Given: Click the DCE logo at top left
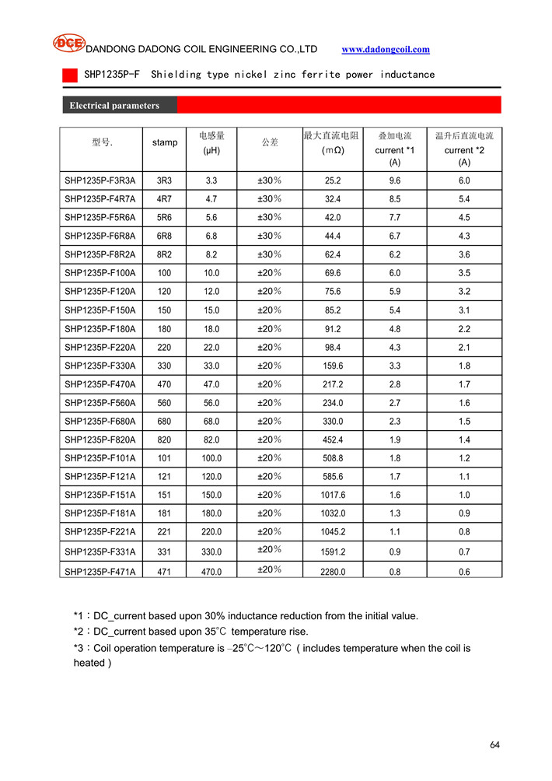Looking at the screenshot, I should (x=68, y=44).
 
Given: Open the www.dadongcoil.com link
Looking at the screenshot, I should (x=386, y=49).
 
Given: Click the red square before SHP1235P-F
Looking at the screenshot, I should (x=70, y=75).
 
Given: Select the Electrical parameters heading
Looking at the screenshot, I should (x=114, y=105).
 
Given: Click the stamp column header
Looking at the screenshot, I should (x=165, y=142).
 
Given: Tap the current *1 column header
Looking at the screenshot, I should (x=395, y=149).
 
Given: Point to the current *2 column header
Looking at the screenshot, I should (x=464, y=149).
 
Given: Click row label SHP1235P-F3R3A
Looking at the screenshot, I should (x=100, y=180).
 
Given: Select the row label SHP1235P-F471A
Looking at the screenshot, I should (x=100, y=572).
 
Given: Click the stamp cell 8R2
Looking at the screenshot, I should (x=165, y=254).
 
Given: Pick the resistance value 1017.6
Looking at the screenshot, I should (x=333, y=495).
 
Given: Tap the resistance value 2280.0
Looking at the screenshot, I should (x=333, y=572).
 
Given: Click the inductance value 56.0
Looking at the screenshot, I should (x=211, y=403).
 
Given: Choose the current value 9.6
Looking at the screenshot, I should (x=395, y=180).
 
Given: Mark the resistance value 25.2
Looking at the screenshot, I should (x=333, y=180).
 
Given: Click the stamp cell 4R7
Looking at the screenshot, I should (x=165, y=199).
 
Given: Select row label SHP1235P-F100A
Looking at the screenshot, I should (x=100, y=273).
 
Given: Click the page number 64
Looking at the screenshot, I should (x=495, y=745).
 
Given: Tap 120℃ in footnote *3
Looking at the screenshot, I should (x=277, y=648).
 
